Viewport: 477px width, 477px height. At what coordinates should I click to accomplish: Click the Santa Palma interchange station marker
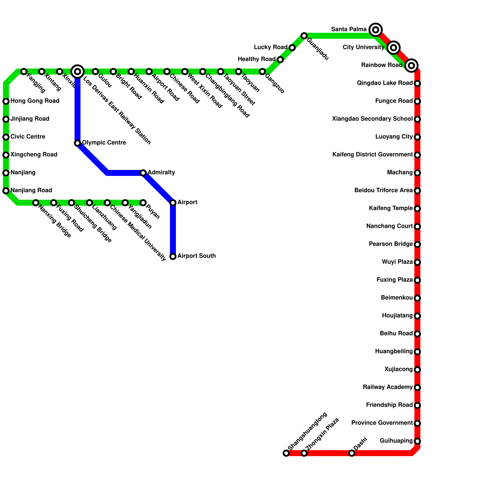(x=376, y=30)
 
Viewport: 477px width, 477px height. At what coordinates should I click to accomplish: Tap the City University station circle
(x=394, y=47)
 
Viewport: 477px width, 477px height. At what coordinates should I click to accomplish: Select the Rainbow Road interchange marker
(x=411, y=65)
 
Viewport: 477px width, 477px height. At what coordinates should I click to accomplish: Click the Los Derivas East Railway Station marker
(x=78, y=71)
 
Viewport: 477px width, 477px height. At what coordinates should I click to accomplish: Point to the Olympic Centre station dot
(x=78, y=143)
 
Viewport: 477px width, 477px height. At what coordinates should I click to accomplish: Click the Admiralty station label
(x=161, y=173)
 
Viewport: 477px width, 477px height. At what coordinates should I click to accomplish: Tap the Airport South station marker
(x=173, y=256)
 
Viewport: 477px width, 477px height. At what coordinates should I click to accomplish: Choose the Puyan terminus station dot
(x=143, y=203)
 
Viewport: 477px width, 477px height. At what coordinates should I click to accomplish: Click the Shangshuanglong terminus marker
(x=286, y=453)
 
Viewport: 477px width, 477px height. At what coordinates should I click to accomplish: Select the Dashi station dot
(x=352, y=453)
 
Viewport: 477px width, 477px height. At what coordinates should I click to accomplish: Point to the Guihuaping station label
(x=396, y=441)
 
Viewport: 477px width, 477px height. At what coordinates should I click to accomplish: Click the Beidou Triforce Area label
(x=383, y=190)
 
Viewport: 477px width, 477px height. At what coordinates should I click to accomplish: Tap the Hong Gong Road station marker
(x=6, y=101)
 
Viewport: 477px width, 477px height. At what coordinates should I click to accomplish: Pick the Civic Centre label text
(x=28, y=137)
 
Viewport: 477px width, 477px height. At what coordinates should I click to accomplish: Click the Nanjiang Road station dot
(x=6, y=191)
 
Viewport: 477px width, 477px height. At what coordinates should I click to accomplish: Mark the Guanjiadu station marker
(x=304, y=36)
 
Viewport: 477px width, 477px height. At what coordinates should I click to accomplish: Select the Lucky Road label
(x=270, y=47)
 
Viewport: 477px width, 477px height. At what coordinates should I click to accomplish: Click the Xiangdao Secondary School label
(x=372, y=119)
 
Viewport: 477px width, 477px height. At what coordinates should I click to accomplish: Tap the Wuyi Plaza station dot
(x=417, y=262)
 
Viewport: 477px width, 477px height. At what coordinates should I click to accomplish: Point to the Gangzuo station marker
(x=262, y=72)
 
